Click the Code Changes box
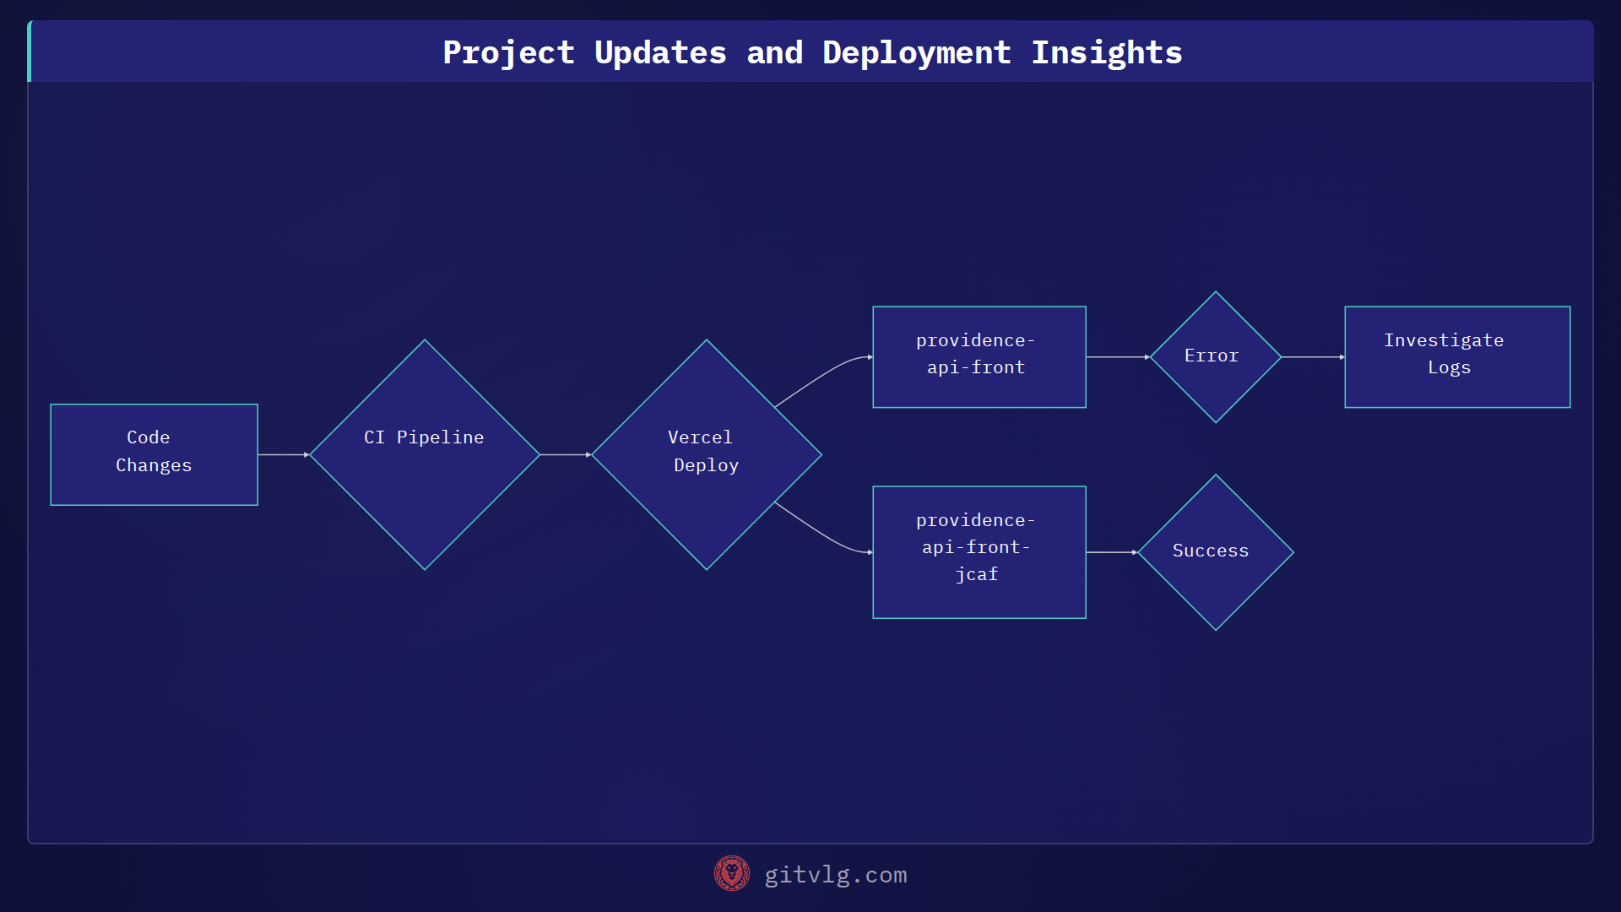(x=154, y=454)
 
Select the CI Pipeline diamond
(x=425, y=454)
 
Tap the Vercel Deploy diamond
(x=706, y=454)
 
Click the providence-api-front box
(x=979, y=356)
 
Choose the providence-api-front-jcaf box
(x=979, y=551)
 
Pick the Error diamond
(x=1215, y=356)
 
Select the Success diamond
(x=1215, y=551)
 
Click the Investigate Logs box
(x=1456, y=356)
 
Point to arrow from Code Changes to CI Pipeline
(x=283, y=454)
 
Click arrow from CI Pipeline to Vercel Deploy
(x=565, y=454)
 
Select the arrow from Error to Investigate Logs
(x=1312, y=357)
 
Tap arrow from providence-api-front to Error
(x=1117, y=357)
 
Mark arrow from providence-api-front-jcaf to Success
(x=1111, y=552)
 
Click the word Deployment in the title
(x=916, y=52)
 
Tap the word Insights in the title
(x=1106, y=52)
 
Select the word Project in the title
(x=508, y=52)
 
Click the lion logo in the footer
(x=731, y=873)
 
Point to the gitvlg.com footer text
(x=835, y=875)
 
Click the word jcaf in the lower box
(x=976, y=574)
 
